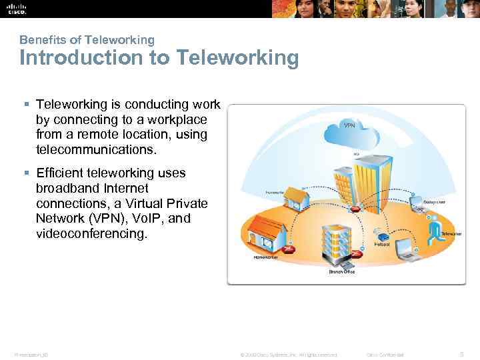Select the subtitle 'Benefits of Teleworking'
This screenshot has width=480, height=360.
click(87, 40)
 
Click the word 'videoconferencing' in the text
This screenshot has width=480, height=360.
click(91, 233)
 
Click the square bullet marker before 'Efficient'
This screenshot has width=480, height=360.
click(27, 173)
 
